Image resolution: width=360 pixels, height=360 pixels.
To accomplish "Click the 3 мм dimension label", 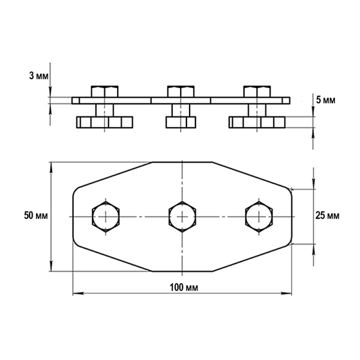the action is click(39, 76).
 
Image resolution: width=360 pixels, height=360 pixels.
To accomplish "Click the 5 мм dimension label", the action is click(326, 100).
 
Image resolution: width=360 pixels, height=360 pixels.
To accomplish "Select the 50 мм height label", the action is click(36, 215).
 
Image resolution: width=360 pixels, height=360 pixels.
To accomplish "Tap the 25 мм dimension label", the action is click(327, 215).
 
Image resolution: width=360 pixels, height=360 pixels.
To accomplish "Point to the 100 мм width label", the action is click(184, 287).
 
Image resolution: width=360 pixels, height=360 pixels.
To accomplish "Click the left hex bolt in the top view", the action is click(106, 217).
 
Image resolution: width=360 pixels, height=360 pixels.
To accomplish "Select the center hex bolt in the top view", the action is click(182, 217).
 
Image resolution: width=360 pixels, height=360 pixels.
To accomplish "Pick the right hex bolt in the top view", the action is click(259, 217).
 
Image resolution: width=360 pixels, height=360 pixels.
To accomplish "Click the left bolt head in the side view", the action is click(104, 92).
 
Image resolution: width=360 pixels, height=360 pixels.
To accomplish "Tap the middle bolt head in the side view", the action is click(181, 92).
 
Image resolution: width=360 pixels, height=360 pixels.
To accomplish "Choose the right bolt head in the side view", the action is click(257, 92).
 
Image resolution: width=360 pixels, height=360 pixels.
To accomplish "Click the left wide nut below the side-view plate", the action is click(104, 122).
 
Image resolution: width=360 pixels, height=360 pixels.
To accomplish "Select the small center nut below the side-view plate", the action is click(181, 122).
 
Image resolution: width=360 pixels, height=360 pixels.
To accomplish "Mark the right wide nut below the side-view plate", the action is click(257, 122).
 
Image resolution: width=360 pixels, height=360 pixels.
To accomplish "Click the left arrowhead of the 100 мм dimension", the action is click(78, 293).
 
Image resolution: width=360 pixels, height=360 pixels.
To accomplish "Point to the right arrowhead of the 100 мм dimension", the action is click(287, 293).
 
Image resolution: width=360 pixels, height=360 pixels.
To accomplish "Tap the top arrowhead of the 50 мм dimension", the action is click(51, 167).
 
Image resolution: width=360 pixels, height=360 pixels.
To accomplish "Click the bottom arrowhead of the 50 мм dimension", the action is click(51, 266).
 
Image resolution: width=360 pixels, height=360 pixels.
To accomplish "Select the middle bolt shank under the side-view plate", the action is click(181, 110).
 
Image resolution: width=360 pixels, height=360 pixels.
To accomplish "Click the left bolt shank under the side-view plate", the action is click(104, 110).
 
